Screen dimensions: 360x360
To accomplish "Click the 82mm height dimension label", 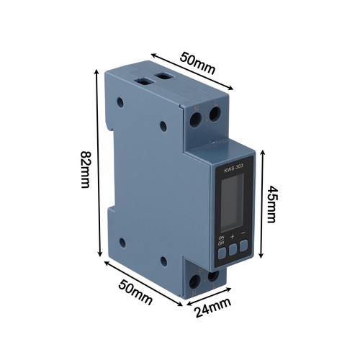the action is tap(85, 169).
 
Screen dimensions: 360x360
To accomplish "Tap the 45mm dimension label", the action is tap(273, 204).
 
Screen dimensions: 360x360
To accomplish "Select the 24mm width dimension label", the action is tap(212, 307).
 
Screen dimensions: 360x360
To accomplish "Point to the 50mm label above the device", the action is tap(197, 63).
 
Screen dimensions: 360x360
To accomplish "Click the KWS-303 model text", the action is tap(230, 169).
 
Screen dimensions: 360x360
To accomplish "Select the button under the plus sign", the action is tap(233, 250).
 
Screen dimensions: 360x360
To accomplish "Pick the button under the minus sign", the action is tap(243, 245).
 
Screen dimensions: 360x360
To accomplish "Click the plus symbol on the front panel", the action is tap(232, 237).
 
